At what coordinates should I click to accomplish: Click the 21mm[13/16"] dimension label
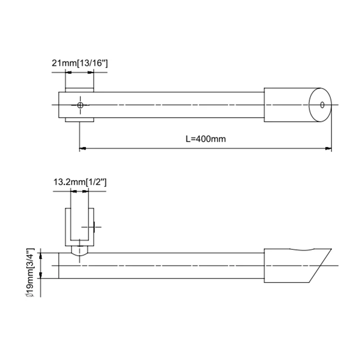[79, 63]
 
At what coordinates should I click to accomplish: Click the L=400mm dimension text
[205, 139]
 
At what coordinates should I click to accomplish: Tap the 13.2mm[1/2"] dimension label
[79, 182]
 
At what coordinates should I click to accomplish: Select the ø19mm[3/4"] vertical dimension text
[30, 273]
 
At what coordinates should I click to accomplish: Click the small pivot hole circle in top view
[80, 105]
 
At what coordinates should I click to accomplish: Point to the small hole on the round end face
[322, 105]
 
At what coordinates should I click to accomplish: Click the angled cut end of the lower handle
[320, 265]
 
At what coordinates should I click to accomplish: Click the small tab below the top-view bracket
[80, 120]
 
